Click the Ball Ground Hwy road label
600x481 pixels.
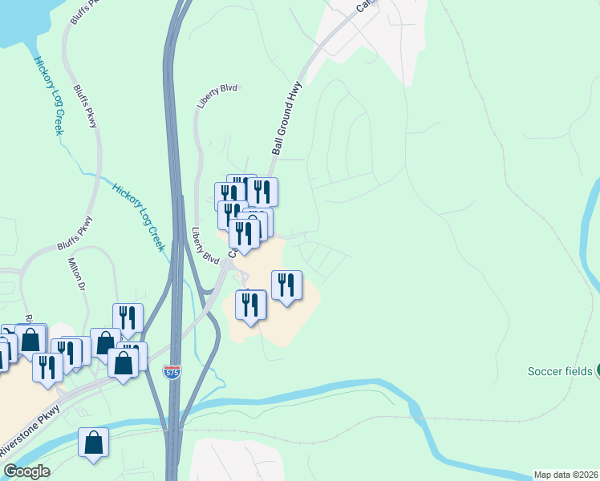coord(286,117)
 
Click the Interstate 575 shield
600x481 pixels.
coord(172,372)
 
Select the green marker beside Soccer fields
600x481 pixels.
coord(597,370)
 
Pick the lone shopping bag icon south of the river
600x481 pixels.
coord(94,443)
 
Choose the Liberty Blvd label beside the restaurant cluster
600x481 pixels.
coord(205,246)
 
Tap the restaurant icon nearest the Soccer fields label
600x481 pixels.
coord(286,285)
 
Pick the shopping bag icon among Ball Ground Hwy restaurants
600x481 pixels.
coord(255,224)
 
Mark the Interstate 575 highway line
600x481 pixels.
coord(172,160)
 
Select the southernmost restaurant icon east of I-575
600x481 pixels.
coord(251,305)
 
